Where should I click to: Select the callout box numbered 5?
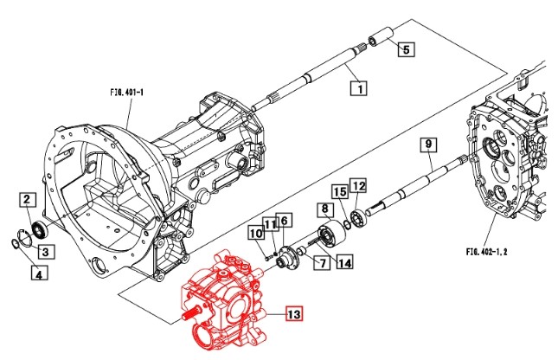406,49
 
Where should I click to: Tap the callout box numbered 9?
428,144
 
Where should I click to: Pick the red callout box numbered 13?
294,315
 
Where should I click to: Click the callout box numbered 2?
29,202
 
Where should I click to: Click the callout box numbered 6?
285,221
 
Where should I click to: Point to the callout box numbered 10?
256,233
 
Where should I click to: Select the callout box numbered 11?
271,225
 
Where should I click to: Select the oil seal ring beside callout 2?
39,229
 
